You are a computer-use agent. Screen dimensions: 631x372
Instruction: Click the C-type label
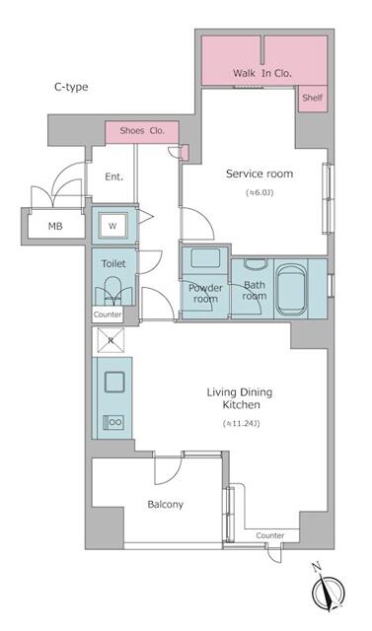[x=71, y=87]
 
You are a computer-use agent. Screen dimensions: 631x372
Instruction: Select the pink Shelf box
[x=312, y=99]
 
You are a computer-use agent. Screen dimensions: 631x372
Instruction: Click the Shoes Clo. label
[x=142, y=130]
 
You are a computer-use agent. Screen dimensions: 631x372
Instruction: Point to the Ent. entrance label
[x=114, y=177]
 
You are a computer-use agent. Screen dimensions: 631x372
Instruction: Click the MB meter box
[x=41, y=227]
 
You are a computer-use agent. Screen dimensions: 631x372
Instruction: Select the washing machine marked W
[x=112, y=224]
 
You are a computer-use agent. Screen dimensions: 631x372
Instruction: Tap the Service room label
[x=260, y=174]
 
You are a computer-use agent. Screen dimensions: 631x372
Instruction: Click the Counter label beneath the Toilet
[x=108, y=315]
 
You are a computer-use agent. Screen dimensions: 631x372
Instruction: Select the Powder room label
[x=204, y=294]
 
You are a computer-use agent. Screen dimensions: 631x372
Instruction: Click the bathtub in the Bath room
[x=290, y=288]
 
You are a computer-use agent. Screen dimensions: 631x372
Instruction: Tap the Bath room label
[x=255, y=290]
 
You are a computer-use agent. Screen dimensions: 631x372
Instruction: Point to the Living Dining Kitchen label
[x=239, y=399]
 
